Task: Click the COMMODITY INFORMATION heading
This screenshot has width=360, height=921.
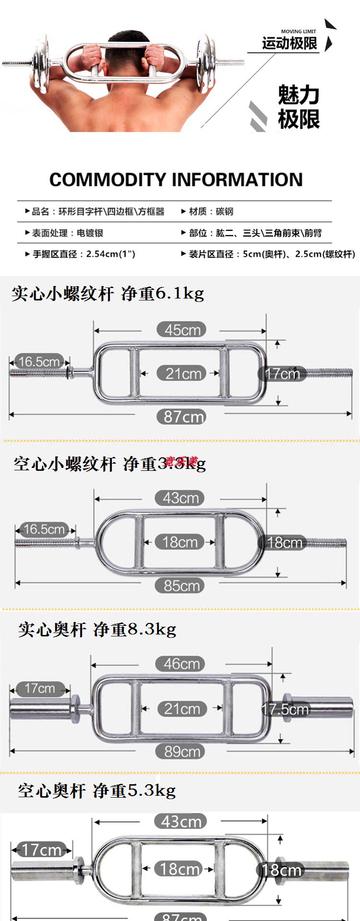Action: (176, 180)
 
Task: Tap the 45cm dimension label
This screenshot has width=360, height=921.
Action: (182, 330)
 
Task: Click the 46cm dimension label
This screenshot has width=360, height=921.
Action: (180, 664)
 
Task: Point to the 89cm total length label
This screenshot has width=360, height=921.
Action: (180, 752)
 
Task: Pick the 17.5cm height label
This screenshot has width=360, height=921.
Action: (285, 709)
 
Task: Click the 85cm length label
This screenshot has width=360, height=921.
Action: (180, 586)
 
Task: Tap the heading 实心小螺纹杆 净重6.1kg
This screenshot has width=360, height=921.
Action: (108, 293)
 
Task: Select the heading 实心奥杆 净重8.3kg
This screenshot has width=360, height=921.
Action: (97, 629)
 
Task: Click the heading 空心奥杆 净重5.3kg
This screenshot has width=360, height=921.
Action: (97, 790)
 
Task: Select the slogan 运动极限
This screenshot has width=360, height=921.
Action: (289, 44)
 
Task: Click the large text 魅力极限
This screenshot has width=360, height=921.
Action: (299, 107)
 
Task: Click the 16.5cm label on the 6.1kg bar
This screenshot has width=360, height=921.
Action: (39, 361)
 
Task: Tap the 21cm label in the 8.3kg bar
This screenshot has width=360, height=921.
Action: (182, 709)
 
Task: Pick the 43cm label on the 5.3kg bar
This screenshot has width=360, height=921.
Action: (180, 821)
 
